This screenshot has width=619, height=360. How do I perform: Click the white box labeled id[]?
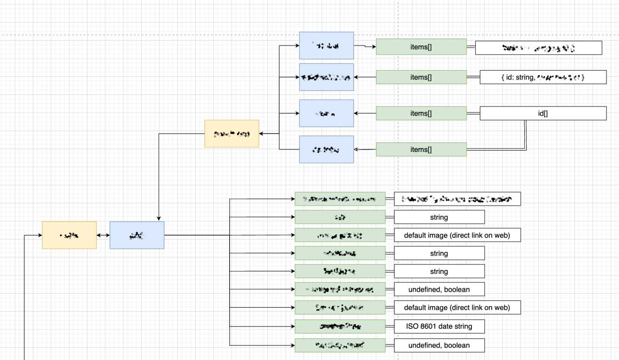pyautogui.click(x=543, y=113)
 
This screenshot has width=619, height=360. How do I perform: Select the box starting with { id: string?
pyautogui.click(x=543, y=77)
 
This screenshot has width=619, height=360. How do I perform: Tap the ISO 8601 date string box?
pyautogui.click(x=439, y=326)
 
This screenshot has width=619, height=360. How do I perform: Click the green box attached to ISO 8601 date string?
pyautogui.click(x=340, y=326)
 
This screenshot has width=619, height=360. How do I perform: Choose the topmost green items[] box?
pyautogui.click(x=421, y=47)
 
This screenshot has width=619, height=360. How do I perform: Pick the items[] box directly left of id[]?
pyautogui.click(x=421, y=113)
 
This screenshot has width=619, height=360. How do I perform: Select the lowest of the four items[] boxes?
pyautogui.click(x=421, y=150)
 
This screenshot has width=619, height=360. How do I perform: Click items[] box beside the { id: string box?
pyautogui.click(x=421, y=77)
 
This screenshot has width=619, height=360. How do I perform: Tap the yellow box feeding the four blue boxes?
pyautogui.click(x=232, y=134)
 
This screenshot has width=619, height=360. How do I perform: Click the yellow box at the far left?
pyautogui.click(x=69, y=235)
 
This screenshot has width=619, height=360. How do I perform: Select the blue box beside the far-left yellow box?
pyautogui.click(x=137, y=235)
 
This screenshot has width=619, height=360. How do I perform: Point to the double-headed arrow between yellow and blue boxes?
pyautogui.click(x=103, y=235)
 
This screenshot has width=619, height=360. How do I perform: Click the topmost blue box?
pyautogui.click(x=326, y=45)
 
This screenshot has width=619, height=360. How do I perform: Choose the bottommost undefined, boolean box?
pyautogui.click(x=439, y=345)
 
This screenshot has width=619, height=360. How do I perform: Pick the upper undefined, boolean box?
pyautogui.click(x=439, y=289)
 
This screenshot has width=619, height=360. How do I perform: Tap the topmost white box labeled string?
pyautogui.click(x=439, y=217)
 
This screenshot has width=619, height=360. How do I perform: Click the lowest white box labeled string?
pyautogui.click(x=439, y=271)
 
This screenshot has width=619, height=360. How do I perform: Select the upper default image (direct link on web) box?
pyautogui.click(x=457, y=235)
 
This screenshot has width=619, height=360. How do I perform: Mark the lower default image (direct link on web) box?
pyautogui.click(x=457, y=307)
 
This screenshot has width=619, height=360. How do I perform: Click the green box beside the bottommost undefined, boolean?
pyautogui.click(x=340, y=345)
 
